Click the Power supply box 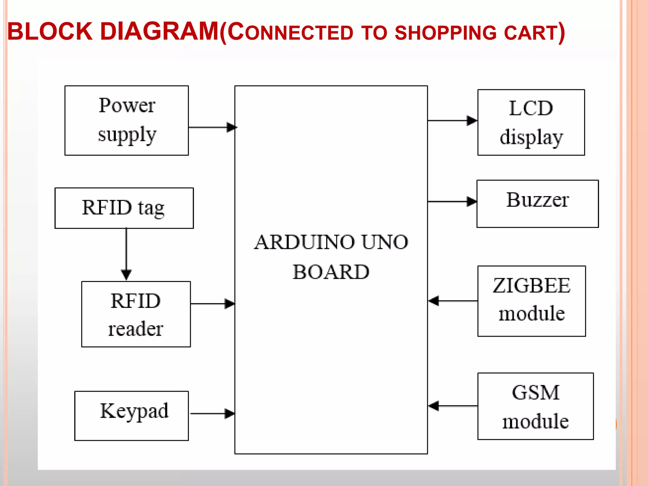point(127,120)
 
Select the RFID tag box point(124,208)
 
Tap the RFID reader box point(136,314)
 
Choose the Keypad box point(132,415)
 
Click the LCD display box point(531,122)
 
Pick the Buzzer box point(537,203)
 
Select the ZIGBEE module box point(531,301)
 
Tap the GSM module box point(535,406)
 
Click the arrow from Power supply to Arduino point(212,127)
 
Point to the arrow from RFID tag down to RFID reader point(126,253)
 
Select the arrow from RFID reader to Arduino point(213,304)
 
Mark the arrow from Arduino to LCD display point(452,121)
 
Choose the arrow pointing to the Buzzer point(452,201)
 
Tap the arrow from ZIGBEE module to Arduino point(452,301)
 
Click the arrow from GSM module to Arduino point(452,406)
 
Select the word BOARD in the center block point(331,272)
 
